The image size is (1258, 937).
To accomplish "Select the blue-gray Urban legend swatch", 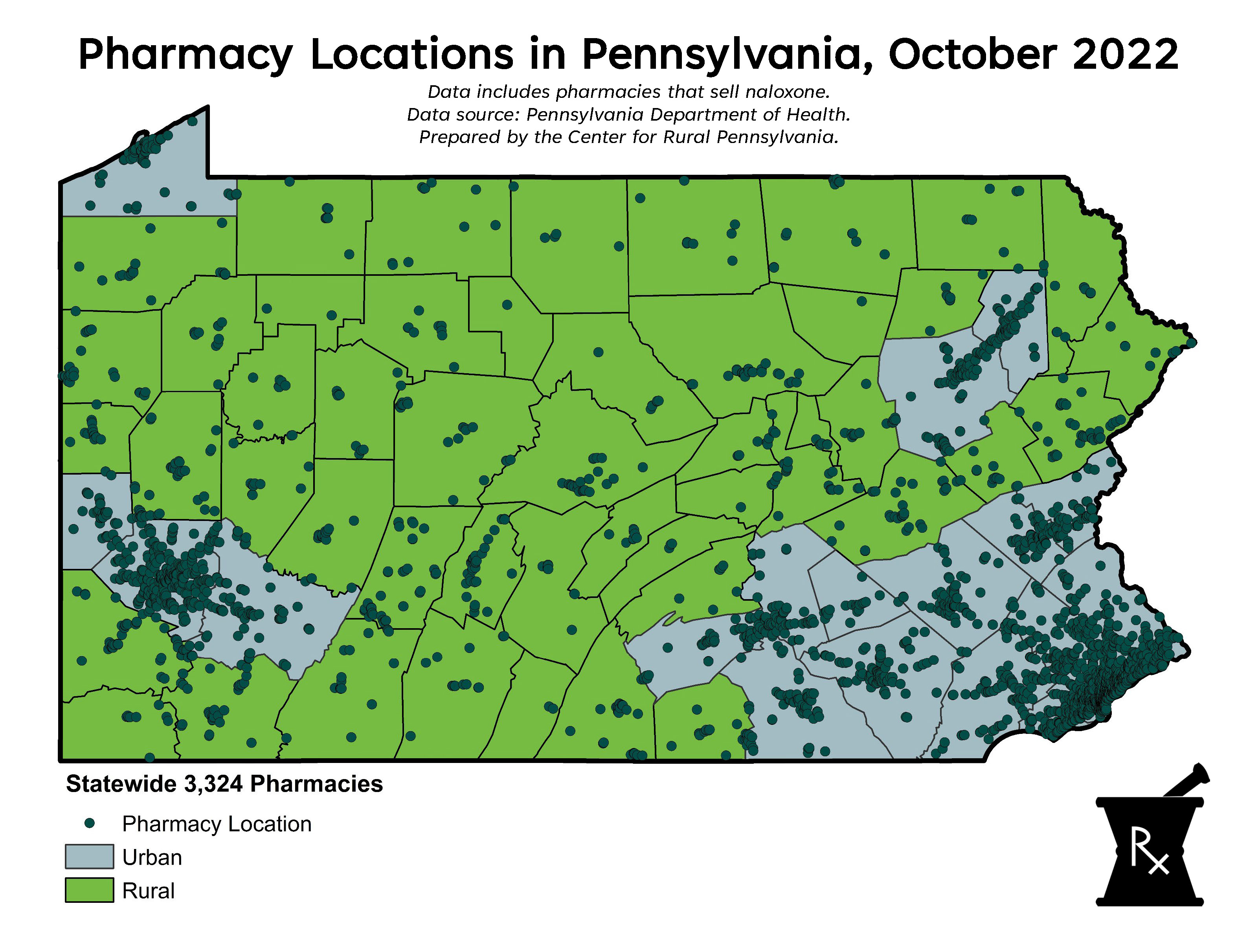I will coord(89,856).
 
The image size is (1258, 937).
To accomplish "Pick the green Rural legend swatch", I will coord(89,890).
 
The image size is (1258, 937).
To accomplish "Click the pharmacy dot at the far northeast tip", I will coord(1191,343).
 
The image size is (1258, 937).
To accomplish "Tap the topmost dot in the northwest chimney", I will coord(192,121).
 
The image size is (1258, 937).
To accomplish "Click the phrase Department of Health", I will coord(749,115).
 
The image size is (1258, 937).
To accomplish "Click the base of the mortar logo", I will coord(1149,901).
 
